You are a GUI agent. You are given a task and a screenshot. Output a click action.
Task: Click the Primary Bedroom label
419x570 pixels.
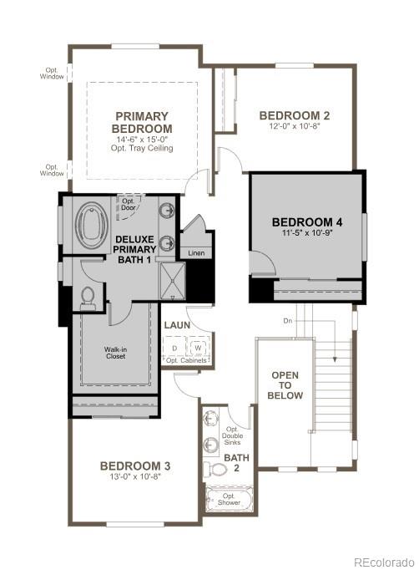(x=142, y=122)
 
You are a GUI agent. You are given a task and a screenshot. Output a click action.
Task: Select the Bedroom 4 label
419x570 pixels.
(x=306, y=221)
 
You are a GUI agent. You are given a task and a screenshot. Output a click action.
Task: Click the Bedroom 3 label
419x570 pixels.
(x=135, y=466)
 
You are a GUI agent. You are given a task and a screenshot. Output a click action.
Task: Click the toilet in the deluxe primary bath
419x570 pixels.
(x=88, y=296)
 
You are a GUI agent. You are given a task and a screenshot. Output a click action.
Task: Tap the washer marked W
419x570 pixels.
(x=199, y=347)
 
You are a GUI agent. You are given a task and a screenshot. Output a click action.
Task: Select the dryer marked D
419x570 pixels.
(x=174, y=347)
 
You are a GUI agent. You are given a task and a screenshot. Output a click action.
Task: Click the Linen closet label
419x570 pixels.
(x=196, y=252)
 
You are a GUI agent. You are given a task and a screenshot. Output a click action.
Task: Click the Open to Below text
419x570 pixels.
(x=285, y=384)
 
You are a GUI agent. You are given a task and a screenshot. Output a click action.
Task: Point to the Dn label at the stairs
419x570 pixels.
(x=286, y=320)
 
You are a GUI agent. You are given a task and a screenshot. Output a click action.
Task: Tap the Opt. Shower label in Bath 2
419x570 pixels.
(x=229, y=502)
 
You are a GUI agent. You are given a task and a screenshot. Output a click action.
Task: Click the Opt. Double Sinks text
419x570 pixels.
(x=232, y=435)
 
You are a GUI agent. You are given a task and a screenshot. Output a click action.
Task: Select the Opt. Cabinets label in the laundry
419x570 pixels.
(x=184, y=360)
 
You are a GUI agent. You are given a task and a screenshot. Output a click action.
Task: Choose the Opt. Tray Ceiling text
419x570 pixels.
(x=142, y=148)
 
